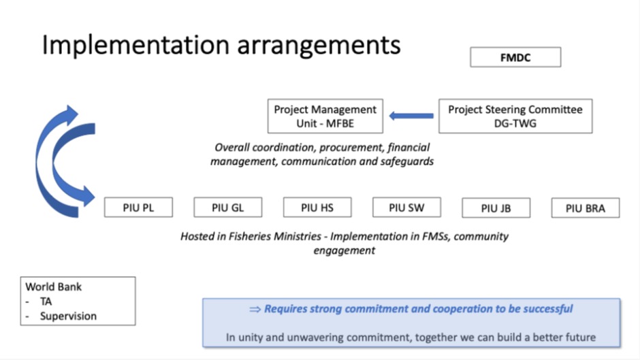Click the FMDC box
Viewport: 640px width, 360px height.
click(515, 57)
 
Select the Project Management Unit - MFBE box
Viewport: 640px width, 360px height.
click(325, 116)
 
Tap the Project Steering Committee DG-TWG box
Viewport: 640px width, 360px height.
click(515, 116)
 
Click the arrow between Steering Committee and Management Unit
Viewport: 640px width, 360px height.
click(411, 116)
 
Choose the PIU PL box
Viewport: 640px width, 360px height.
click(138, 208)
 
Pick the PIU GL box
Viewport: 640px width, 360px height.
click(228, 208)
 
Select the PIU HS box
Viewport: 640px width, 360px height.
click(317, 208)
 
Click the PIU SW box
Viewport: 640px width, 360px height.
click(406, 208)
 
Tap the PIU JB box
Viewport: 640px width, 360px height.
click(496, 208)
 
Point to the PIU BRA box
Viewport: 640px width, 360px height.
click(586, 208)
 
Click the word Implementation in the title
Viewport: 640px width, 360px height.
click(136, 46)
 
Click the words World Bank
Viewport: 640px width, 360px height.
click(54, 287)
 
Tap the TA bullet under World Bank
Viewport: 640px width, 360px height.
click(46, 301)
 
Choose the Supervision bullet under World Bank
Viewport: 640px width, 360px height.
click(68, 316)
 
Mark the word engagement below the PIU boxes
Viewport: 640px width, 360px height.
click(344, 250)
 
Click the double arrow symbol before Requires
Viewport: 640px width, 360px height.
click(255, 310)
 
